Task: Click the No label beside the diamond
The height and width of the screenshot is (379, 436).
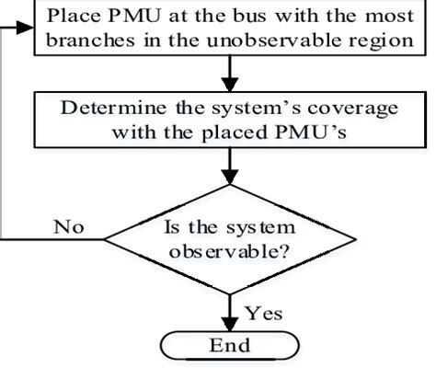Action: pyautogui.click(x=68, y=224)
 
